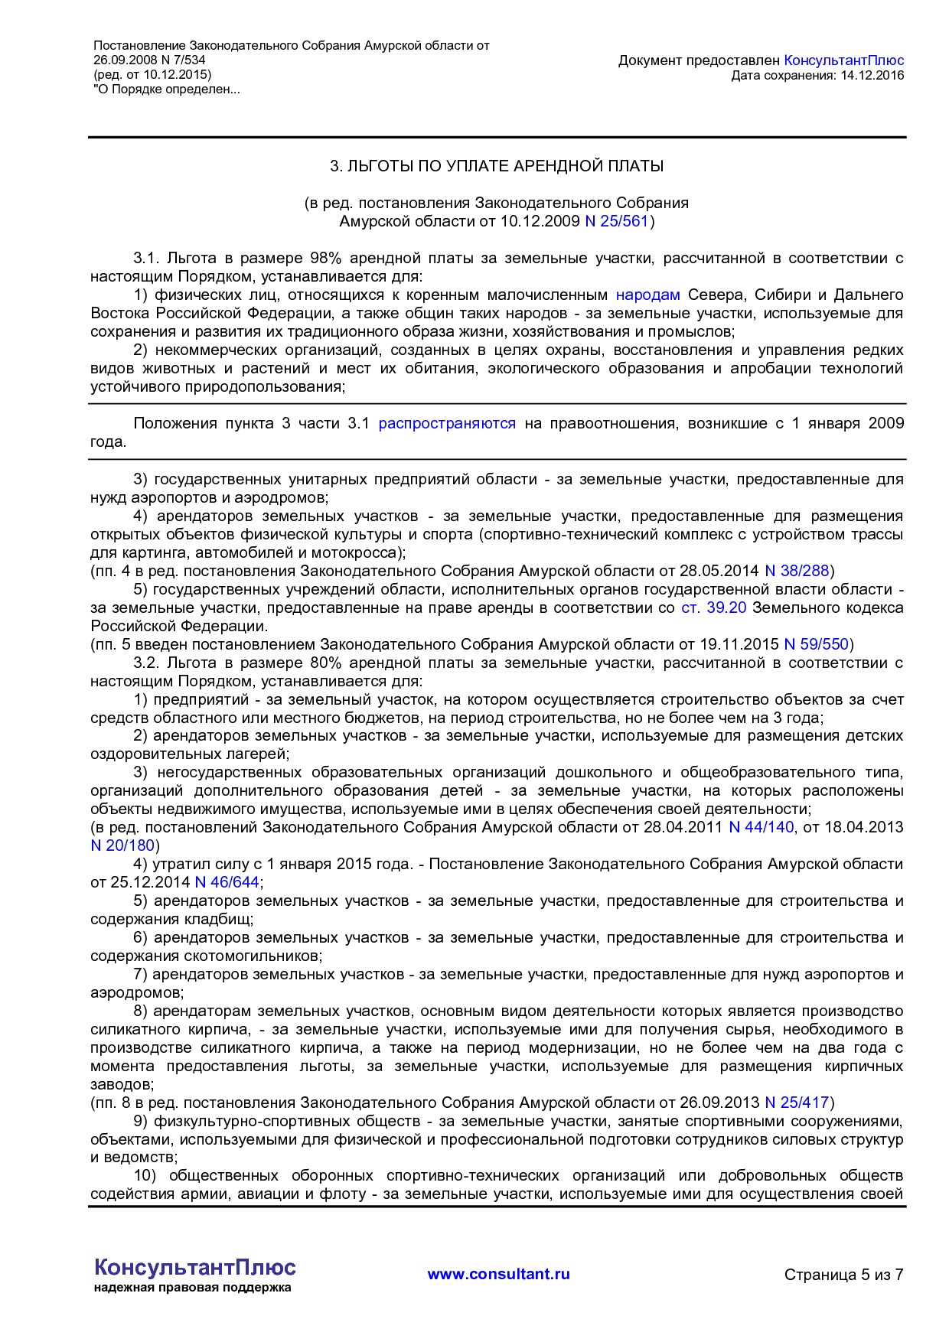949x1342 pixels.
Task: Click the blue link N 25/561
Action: point(616,222)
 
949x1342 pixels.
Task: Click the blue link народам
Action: point(647,295)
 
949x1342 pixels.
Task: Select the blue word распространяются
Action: point(447,424)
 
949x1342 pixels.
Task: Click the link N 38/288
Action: point(797,571)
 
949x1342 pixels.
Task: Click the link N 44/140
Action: point(761,827)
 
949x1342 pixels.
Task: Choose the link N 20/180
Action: point(122,845)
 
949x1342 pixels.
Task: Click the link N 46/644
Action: point(227,882)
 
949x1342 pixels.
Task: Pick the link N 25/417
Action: point(797,1103)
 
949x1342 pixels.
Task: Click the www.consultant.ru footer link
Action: point(498,1274)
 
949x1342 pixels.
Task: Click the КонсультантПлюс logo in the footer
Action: point(194,1267)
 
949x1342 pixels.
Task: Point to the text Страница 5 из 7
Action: point(843,1275)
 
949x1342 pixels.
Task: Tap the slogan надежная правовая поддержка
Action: point(192,1288)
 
